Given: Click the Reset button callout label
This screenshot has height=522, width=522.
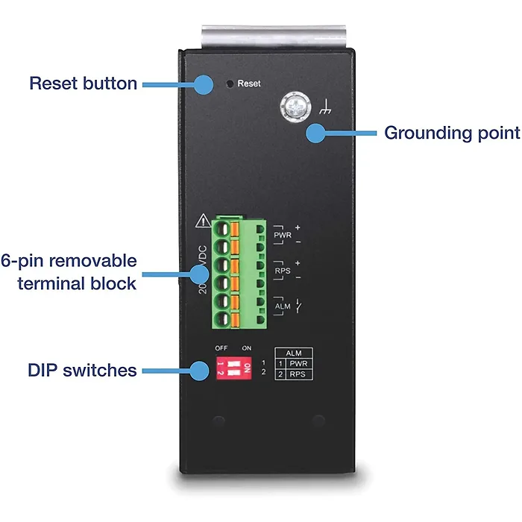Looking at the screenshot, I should [83, 83].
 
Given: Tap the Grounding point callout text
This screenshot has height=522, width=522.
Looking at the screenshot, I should [451, 133].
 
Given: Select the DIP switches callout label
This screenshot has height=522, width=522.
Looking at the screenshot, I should [83, 370].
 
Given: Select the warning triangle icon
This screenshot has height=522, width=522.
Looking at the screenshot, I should [201, 221].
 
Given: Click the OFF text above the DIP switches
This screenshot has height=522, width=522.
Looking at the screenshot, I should [221, 347].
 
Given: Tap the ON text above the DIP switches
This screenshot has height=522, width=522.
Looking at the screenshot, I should [247, 347].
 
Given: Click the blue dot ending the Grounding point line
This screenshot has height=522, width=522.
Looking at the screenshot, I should [316, 134].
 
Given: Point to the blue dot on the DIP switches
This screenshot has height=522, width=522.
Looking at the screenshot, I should [199, 370].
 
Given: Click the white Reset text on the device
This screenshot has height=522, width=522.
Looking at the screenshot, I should [249, 84].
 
